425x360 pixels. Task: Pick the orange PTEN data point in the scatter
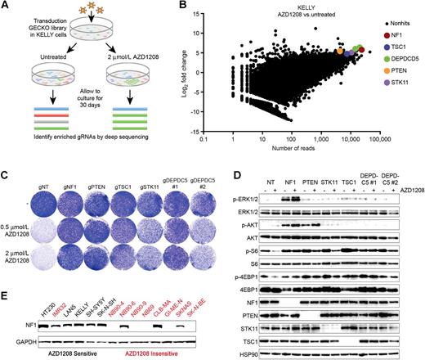point(340,51)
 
